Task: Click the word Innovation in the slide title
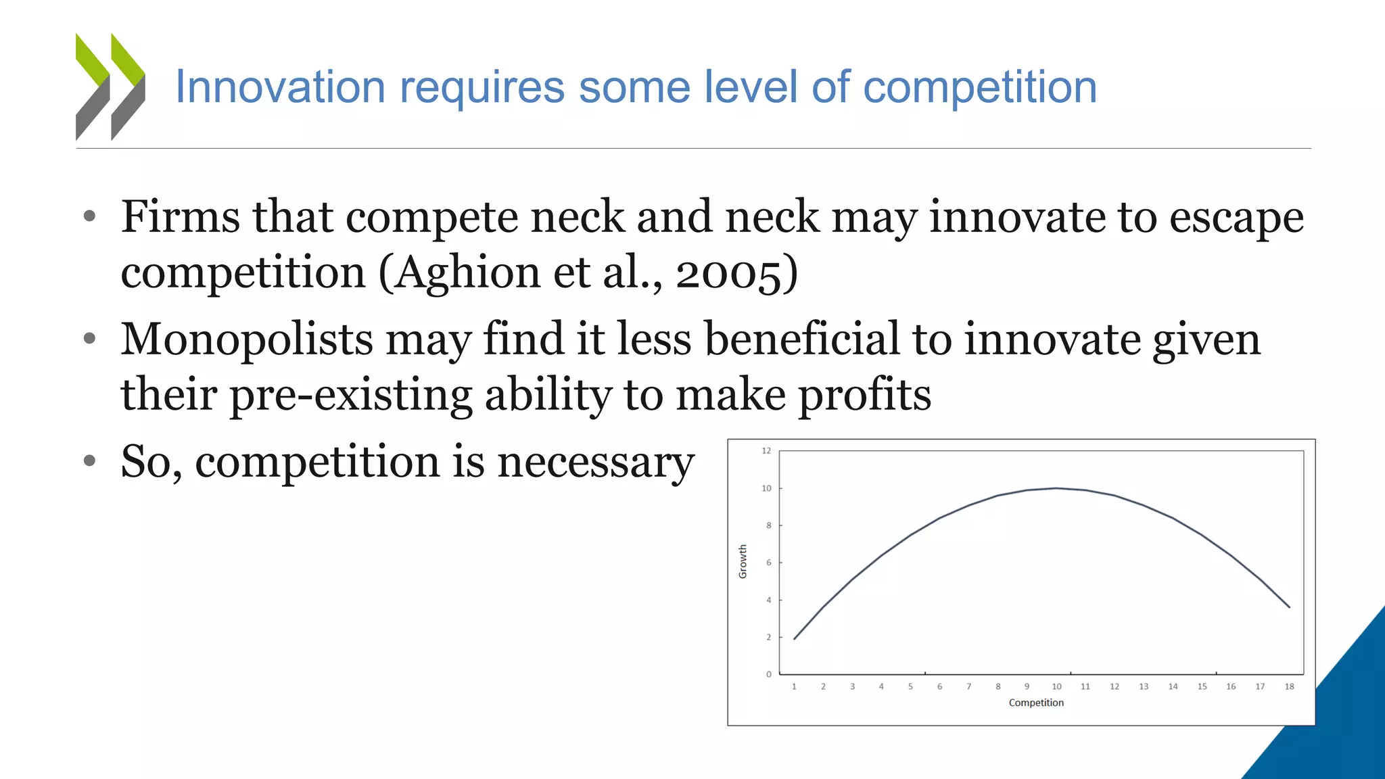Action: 280,87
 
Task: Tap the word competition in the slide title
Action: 980,88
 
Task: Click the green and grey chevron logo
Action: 110,87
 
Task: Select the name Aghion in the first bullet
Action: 467,273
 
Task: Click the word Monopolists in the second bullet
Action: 246,339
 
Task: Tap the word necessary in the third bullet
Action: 596,462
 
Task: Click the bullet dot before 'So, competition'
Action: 90,461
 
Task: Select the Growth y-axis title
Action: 743,561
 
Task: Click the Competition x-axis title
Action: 1036,703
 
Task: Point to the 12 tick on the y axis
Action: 766,451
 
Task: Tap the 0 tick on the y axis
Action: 769,674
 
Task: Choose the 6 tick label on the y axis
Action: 769,563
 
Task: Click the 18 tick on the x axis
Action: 1289,686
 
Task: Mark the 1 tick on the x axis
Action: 794,686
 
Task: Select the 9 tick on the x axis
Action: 1027,686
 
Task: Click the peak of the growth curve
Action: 1056,488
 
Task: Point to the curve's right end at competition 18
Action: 1289,607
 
